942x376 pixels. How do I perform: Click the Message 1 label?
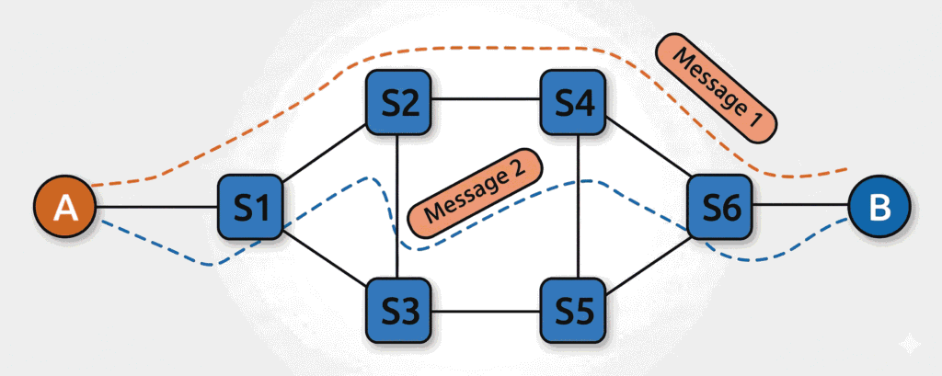pyautogui.click(x=718, y=88)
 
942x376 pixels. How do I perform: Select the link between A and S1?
pyautogui.click(x=156, y=208)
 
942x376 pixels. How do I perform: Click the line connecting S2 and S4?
pyautogui.click(x=486, y=99)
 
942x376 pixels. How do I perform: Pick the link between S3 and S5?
pyautogui.click(x=486, y=310)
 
